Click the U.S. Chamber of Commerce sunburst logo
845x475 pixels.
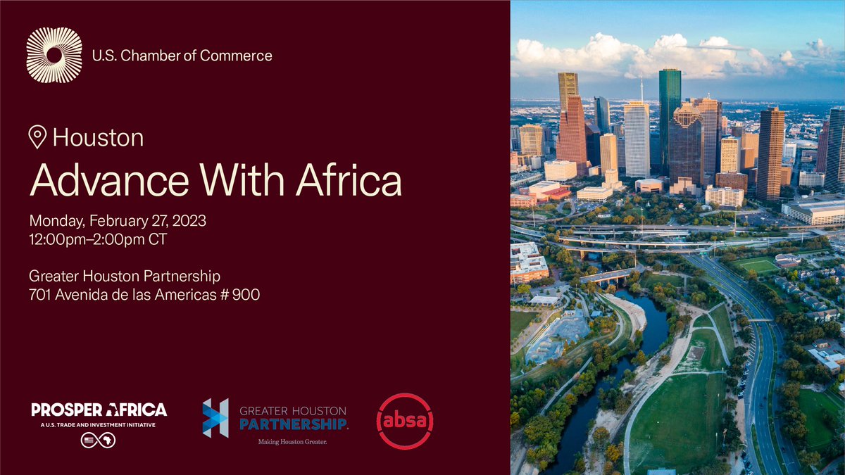pyautogui.click(x=54, y=55)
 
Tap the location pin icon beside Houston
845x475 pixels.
pyautogui.click(x=37, y=137)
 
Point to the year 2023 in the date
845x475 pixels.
pyautogui.click(x=187, y=221)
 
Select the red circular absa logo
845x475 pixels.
pyautogui.click(x=405, y=421)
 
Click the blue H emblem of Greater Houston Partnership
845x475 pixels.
pyautogui.click(x=215, y=418)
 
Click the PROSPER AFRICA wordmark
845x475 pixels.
pyautogui.click(x=99, y=410)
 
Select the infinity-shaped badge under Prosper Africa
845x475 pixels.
pyautogui.click(x=98, y=441)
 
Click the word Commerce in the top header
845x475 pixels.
pyautogui.click(x=237, y=55)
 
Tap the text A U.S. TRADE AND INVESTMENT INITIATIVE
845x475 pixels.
pyautogui.click(x=99, y=424)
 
